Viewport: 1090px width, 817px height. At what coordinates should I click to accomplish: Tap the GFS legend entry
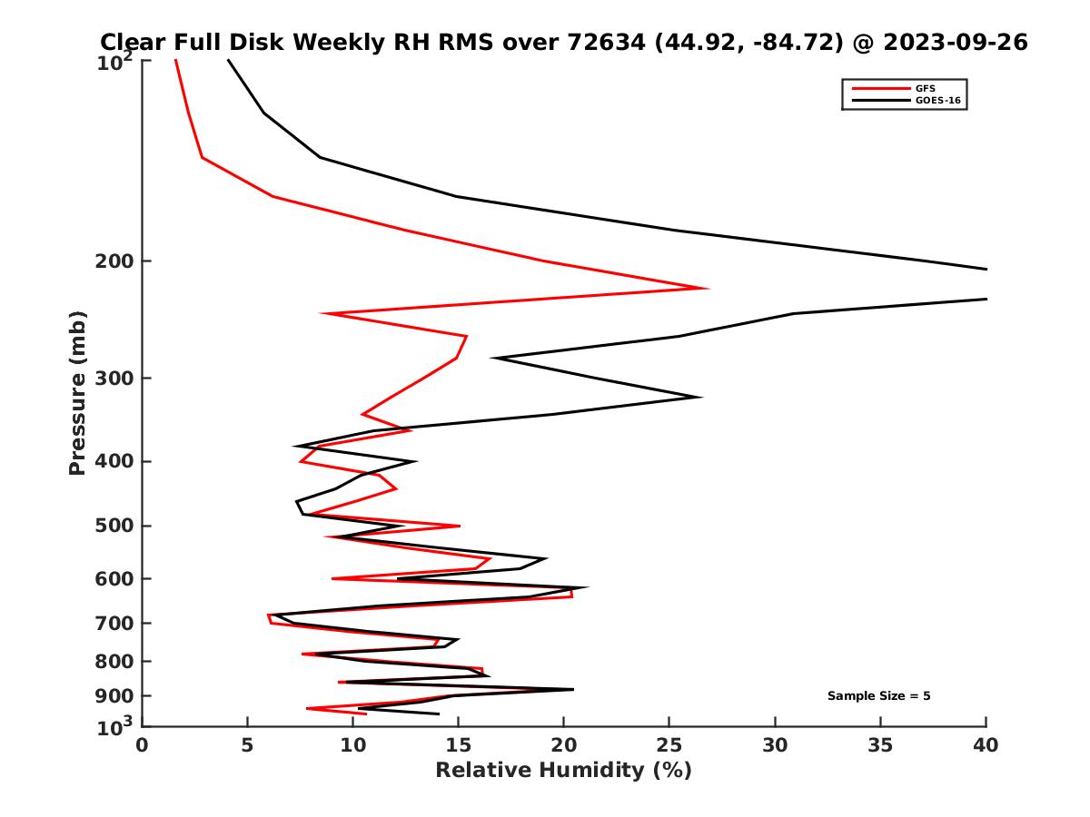(x=927, y=88)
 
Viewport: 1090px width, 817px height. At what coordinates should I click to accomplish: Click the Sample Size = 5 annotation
(x=878, y=696)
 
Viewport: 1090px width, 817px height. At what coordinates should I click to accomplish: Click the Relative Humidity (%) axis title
(x=563, y=771)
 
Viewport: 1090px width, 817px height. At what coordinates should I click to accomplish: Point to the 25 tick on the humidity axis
(x=669, y=745)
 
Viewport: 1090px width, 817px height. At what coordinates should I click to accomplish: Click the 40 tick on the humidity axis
(x=986, y=745)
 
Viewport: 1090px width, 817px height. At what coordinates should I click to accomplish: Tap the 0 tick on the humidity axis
(x=143, y=745)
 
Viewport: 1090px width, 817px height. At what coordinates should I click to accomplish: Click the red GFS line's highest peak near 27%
(x=708, y=289)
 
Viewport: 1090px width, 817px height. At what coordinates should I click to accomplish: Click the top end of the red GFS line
(x=175, y=60)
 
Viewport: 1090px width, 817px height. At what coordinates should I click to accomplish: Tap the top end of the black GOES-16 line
(x=227, y=60)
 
